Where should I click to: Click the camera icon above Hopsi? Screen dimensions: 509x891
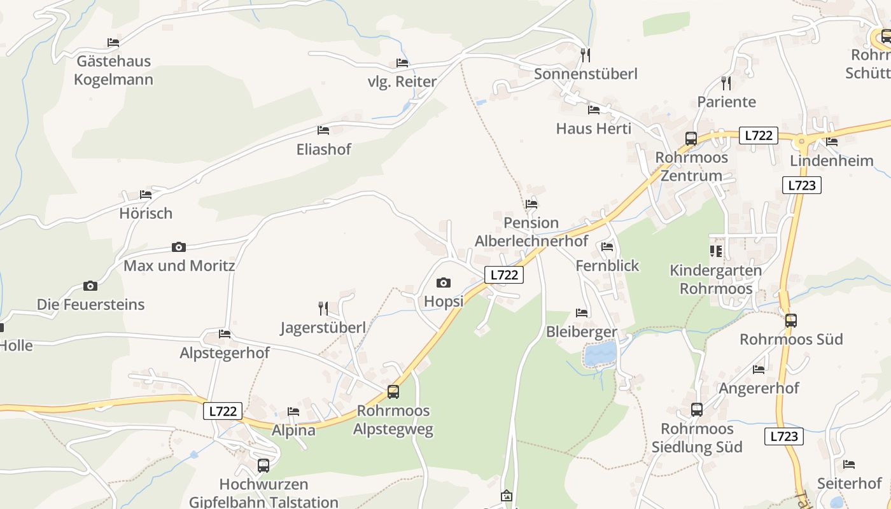tap(444, 282)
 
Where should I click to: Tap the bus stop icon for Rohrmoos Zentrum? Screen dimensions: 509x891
tap(691, 138)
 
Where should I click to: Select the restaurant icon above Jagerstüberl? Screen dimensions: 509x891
tap(323, 309)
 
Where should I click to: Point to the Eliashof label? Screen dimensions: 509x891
tap(323, 150)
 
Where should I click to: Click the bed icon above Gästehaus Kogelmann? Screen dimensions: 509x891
tap(113, 43)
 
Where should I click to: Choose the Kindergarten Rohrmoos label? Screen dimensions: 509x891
tap(715, 279)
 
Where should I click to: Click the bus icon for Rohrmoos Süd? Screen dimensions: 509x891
tap(790, 321)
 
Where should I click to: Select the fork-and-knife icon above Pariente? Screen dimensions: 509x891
tap(726, 83)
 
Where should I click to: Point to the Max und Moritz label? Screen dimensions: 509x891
tap(179, 265)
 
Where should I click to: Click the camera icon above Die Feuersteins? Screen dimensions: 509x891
tap(90, 286)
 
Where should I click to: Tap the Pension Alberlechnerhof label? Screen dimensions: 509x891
tap(531, 232)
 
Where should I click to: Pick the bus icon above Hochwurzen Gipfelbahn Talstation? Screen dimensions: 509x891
tap(263, 465)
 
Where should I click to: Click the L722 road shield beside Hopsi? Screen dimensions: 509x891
tap(504, 275)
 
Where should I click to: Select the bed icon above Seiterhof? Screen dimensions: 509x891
tap(848, 464)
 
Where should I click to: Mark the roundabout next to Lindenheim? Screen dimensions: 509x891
tap(802, 141)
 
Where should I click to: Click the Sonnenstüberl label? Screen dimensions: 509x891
tap(586, 74)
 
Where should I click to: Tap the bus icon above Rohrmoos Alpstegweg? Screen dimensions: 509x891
tap(393, 392)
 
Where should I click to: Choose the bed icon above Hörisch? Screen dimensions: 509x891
tap(146, 195)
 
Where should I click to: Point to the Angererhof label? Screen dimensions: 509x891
tap(759, 387)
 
